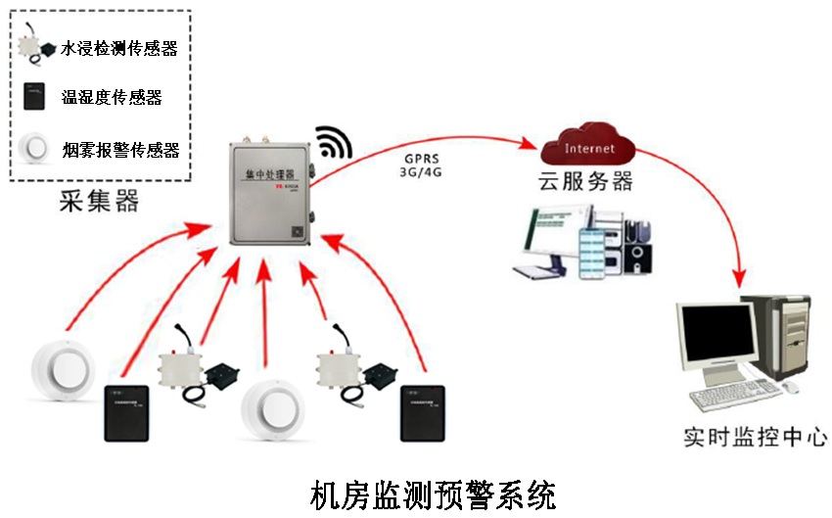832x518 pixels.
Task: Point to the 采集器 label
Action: click(x=99, y=202)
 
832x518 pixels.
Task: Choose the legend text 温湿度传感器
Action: click(x=111, y=97)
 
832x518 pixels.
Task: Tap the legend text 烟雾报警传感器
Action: click(x=119, y=150)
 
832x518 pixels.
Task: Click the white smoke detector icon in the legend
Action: click(x=36, y=148)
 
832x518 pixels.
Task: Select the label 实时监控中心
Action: click(x=755, y=436)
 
